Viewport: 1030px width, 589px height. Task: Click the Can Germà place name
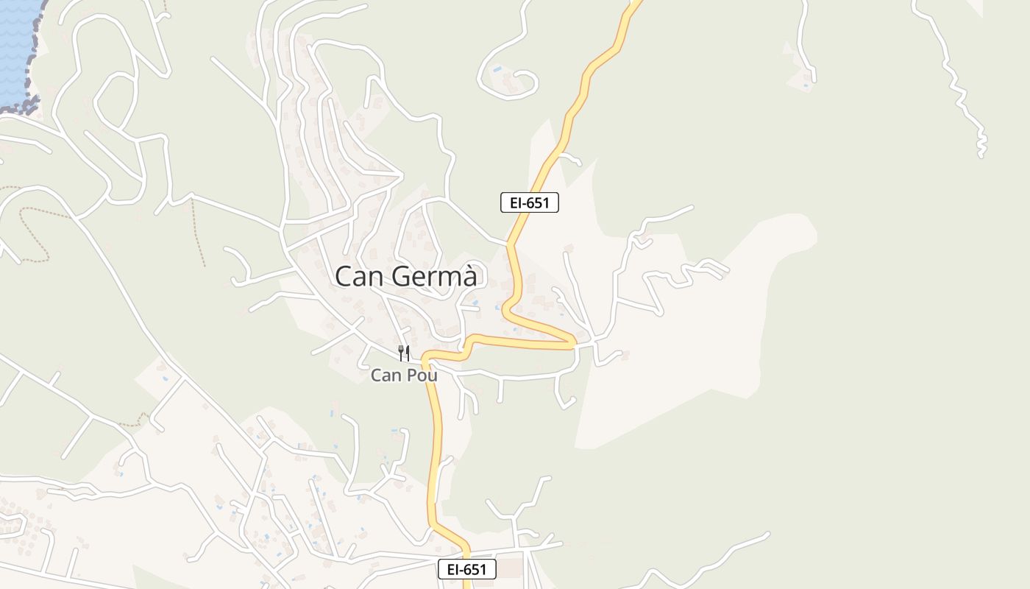pos(410,277)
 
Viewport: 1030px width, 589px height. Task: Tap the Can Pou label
pos(404,375)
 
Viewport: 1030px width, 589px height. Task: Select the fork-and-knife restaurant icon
pos(403,353)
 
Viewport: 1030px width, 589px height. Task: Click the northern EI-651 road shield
pos(529,202)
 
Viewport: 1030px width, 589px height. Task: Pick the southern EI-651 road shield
pos(467,569)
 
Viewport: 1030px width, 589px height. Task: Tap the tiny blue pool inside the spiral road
pos(498,69)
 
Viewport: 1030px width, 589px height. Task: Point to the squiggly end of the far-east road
pos(981,144)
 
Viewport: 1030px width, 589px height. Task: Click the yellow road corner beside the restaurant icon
pos(426,359)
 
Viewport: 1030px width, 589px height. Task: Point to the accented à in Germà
pos(477,277)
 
